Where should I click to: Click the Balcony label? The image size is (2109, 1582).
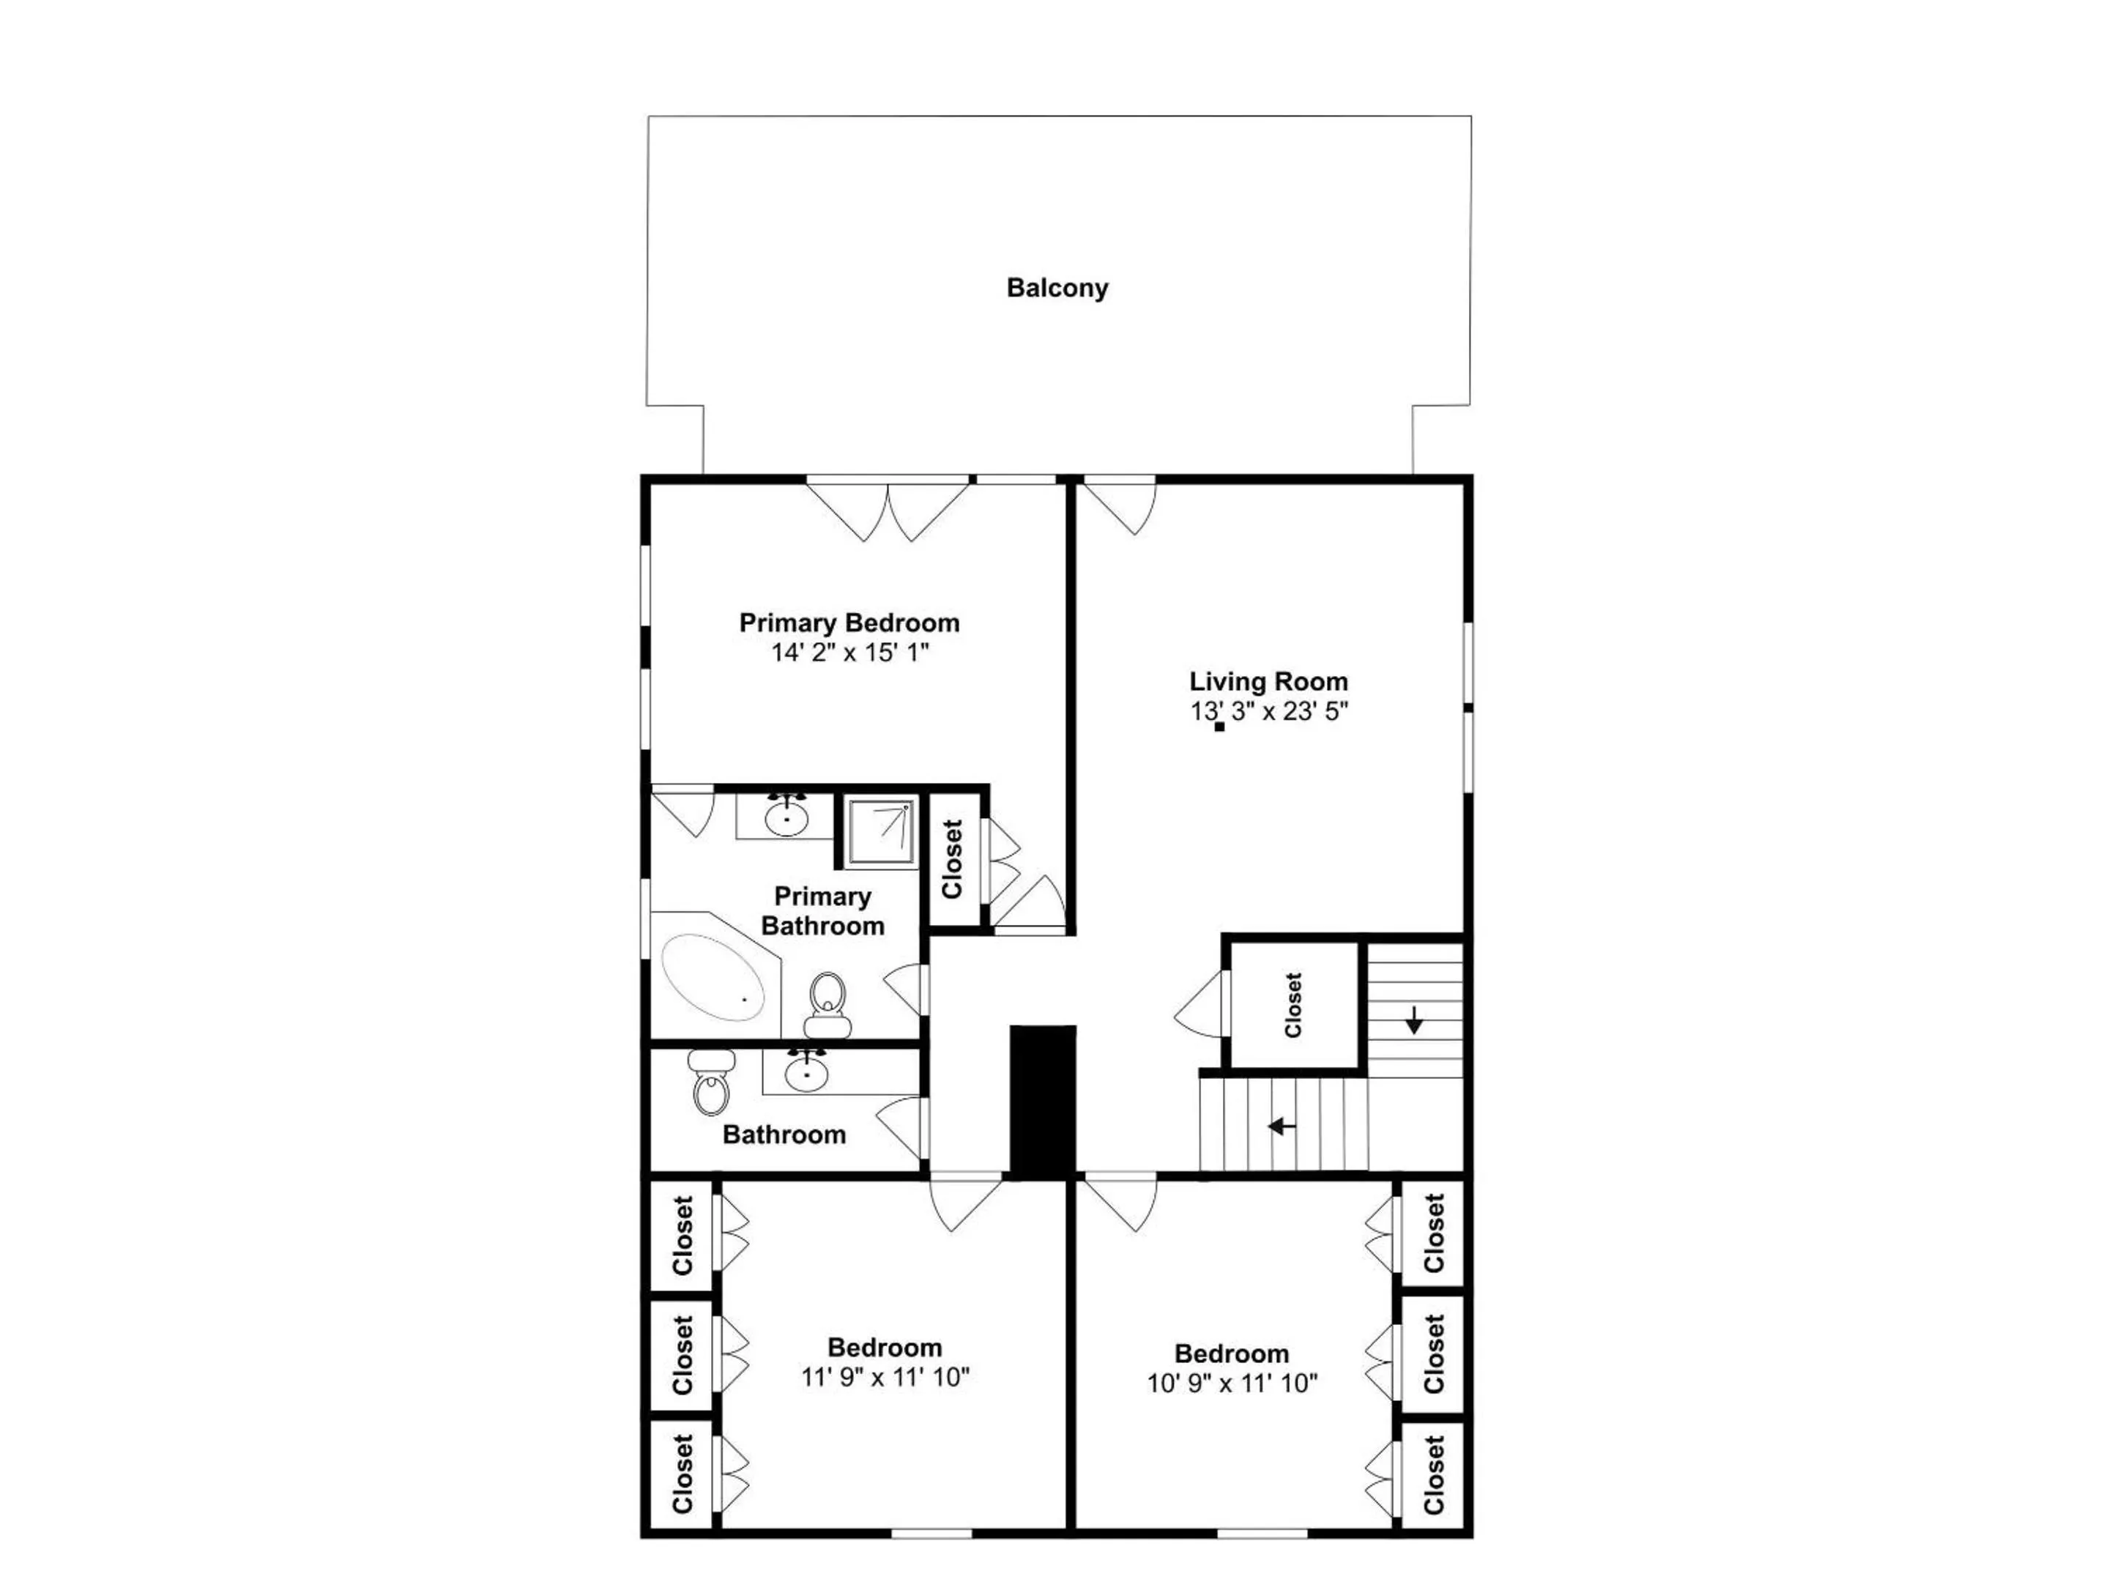pyautogui.click(x=1057, y=287)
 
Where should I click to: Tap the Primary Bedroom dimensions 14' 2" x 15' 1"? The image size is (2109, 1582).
pyautogui.click(x=849, y=653)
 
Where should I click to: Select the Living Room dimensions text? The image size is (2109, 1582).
pyautogui.click(x=1268, y=710)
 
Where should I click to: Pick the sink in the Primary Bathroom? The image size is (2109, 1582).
pyautogui.click(x=786, y=817)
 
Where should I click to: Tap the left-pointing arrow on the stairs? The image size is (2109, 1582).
pyautogui.click(x=1282, y=1126)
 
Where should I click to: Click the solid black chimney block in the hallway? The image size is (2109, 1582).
pyautogui.click(x=1043, y=1102)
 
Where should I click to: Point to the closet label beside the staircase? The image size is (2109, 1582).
pyautogui.click(x=1292, y=1005)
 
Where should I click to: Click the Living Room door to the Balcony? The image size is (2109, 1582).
pyautogui.click(x=1120, y=505)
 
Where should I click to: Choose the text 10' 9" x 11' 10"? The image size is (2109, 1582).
pyautogui.click(x=1231, y=1383)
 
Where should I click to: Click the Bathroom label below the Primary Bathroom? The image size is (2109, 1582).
pyautogui.click(x=784, y=1134)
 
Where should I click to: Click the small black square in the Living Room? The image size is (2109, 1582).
pyautogui.click(x=1219, y=727)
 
